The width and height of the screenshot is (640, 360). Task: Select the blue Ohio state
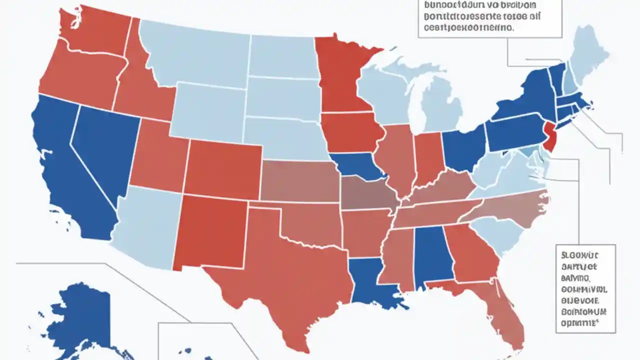tap(465, 147)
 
